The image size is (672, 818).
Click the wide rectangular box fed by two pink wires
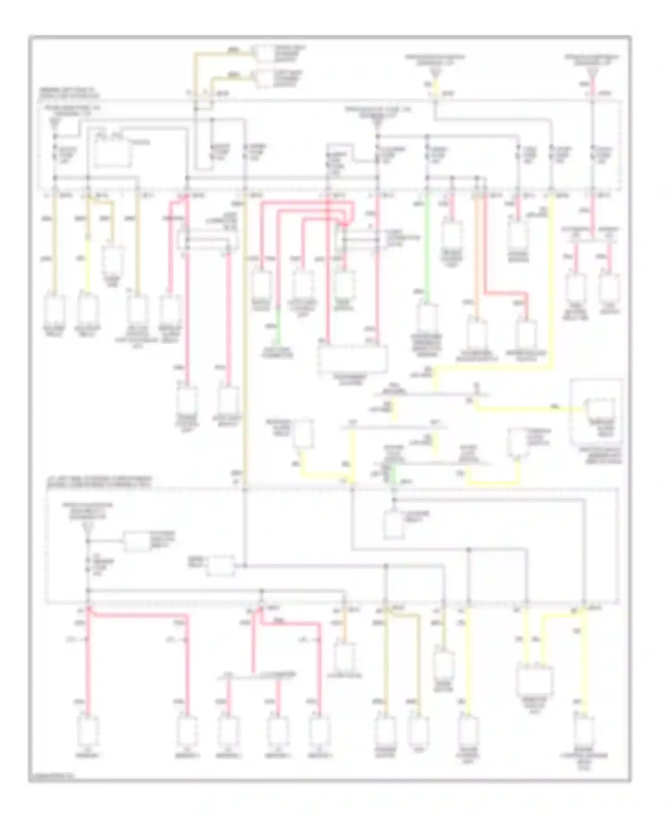click(352, 359)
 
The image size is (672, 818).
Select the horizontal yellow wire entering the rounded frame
click(529, 408)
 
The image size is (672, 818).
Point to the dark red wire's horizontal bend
click(506, 293)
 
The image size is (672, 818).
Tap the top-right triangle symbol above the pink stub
click(592, 73)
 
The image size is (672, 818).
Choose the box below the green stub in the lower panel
click(393, 524)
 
